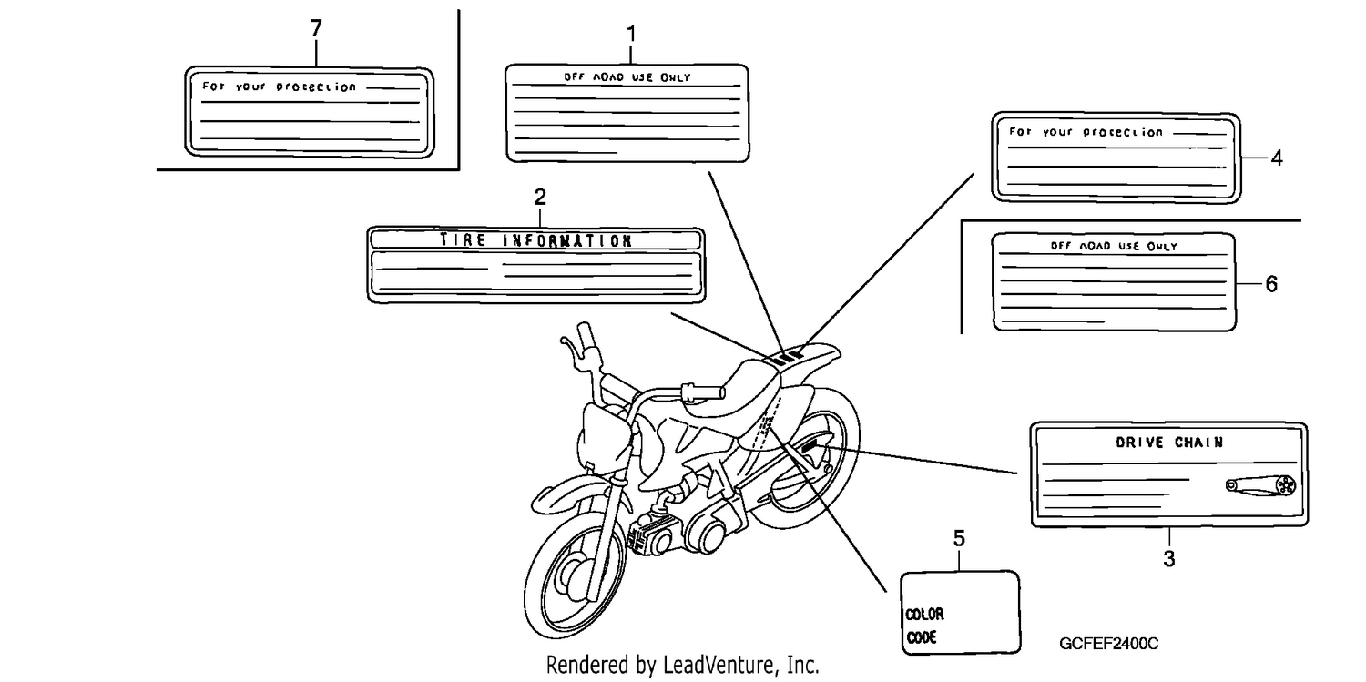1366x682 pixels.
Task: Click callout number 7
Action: [x=316, y=28]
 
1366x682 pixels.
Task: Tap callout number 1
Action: [x=632, y=34]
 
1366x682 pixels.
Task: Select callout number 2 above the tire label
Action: [x=540, y=197]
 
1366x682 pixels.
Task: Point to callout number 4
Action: [x=1277, y=158]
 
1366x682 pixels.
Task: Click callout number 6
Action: [x=1271, y=284]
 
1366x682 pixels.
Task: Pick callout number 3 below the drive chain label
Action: [x=1169, y=559]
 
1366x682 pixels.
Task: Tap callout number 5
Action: [x=959, y=539]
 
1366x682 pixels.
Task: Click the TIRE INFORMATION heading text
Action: [x=536, y=240]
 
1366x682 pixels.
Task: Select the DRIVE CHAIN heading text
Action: [x=1169, y=443]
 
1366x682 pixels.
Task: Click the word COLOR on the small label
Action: [x=924, y=614]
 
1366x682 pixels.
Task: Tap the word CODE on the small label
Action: [x=921, y=637]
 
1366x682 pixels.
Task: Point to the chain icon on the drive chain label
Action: [x=1260, y=485]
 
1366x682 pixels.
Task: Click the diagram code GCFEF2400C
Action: [x=1108, y=644]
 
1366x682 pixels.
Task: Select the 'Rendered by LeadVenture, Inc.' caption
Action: [x=682, y=665]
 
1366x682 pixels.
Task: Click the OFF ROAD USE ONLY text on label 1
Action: [x=627, y=77]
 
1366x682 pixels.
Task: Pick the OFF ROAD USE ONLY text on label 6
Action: [x=1114, y=246]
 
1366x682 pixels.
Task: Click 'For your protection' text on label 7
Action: [x=280, y=87]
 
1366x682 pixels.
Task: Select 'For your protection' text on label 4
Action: [x=1086, y=132]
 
